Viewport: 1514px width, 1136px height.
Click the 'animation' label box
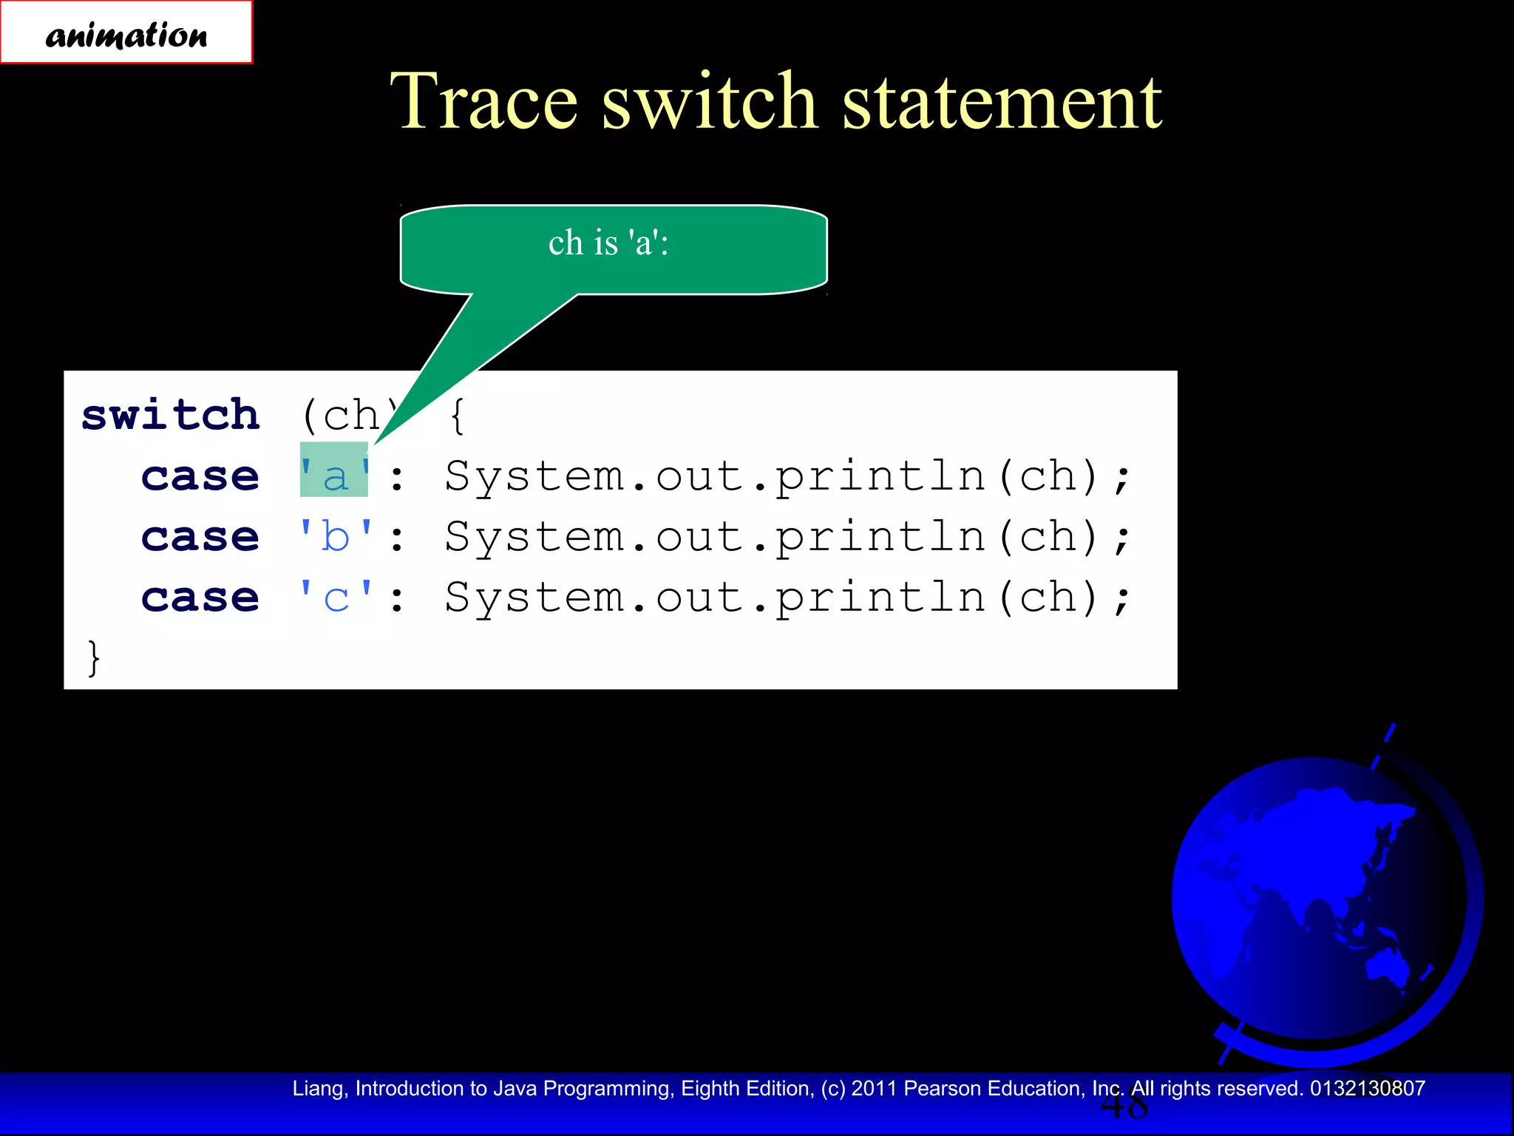click(126, 33)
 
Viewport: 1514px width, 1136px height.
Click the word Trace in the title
click(483, 102)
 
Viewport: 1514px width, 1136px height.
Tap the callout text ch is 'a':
click(608, 243)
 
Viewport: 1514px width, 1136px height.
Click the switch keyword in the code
click(171, 415)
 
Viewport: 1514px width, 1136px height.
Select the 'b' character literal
click(336, 535)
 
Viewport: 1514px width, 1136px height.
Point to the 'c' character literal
click(336, 597)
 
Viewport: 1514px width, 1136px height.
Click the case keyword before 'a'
click(200, 476)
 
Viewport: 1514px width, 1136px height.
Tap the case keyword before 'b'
click(200, 537)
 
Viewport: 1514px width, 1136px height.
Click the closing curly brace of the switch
click(93, 657)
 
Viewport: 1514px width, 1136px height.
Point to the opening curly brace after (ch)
click(458, 416)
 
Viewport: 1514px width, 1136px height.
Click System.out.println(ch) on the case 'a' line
click(787, 476)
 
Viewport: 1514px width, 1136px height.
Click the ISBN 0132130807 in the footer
click(1368, 1089)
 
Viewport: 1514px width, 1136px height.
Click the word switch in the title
click(708, 102)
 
